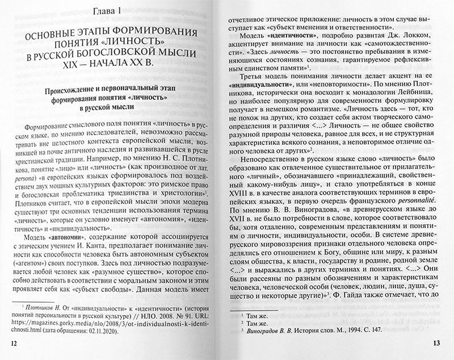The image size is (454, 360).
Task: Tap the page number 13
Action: click(436, 343)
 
